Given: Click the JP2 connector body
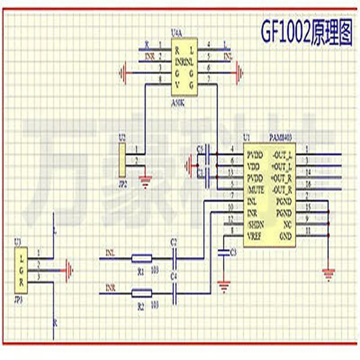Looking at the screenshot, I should click(122, 161).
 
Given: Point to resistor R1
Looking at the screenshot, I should click(141, 258).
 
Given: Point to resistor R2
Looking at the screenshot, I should click(141, 294).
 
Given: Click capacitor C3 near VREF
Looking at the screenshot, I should click(221, 252).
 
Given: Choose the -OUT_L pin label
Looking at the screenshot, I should click(282, 155).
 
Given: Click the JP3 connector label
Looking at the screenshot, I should click(18, 297).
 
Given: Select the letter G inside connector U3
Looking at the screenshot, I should click(21, 270).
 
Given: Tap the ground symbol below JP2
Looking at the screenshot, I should click(145, 182).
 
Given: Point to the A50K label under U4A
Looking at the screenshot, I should click(178, 103).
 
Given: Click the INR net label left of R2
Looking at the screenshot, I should click(110, 287).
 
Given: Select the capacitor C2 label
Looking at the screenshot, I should click(174, 242).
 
